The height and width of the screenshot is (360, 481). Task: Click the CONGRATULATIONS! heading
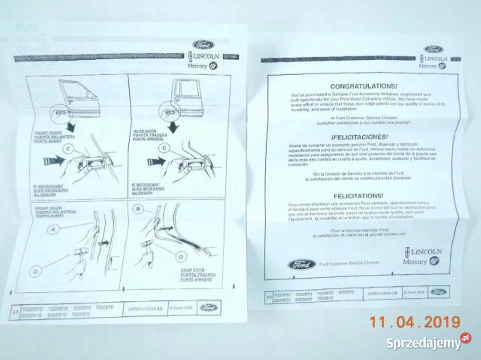pos(360,86)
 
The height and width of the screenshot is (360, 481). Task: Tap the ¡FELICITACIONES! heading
pos(359,136)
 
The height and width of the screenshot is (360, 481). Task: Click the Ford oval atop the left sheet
pos(203,44)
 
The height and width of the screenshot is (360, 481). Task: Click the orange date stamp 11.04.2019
pos(415,322)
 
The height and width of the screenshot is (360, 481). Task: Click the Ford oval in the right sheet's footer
pos(439,292)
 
